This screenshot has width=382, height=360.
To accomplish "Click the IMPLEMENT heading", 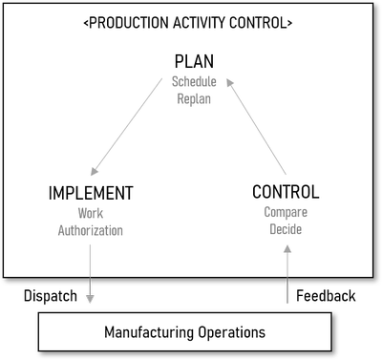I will click(91, 194).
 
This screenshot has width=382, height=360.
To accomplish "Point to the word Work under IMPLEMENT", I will click(91, 214).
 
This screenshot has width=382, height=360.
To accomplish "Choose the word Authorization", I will click(91, 230).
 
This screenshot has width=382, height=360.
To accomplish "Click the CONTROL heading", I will click(286, 192).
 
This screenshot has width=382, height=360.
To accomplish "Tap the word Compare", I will click(286, 212).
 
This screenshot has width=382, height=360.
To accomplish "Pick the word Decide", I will click(286, 229).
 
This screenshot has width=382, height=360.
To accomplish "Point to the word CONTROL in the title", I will click(260, 21).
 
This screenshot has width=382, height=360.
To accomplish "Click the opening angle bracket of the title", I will click(88, 21).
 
